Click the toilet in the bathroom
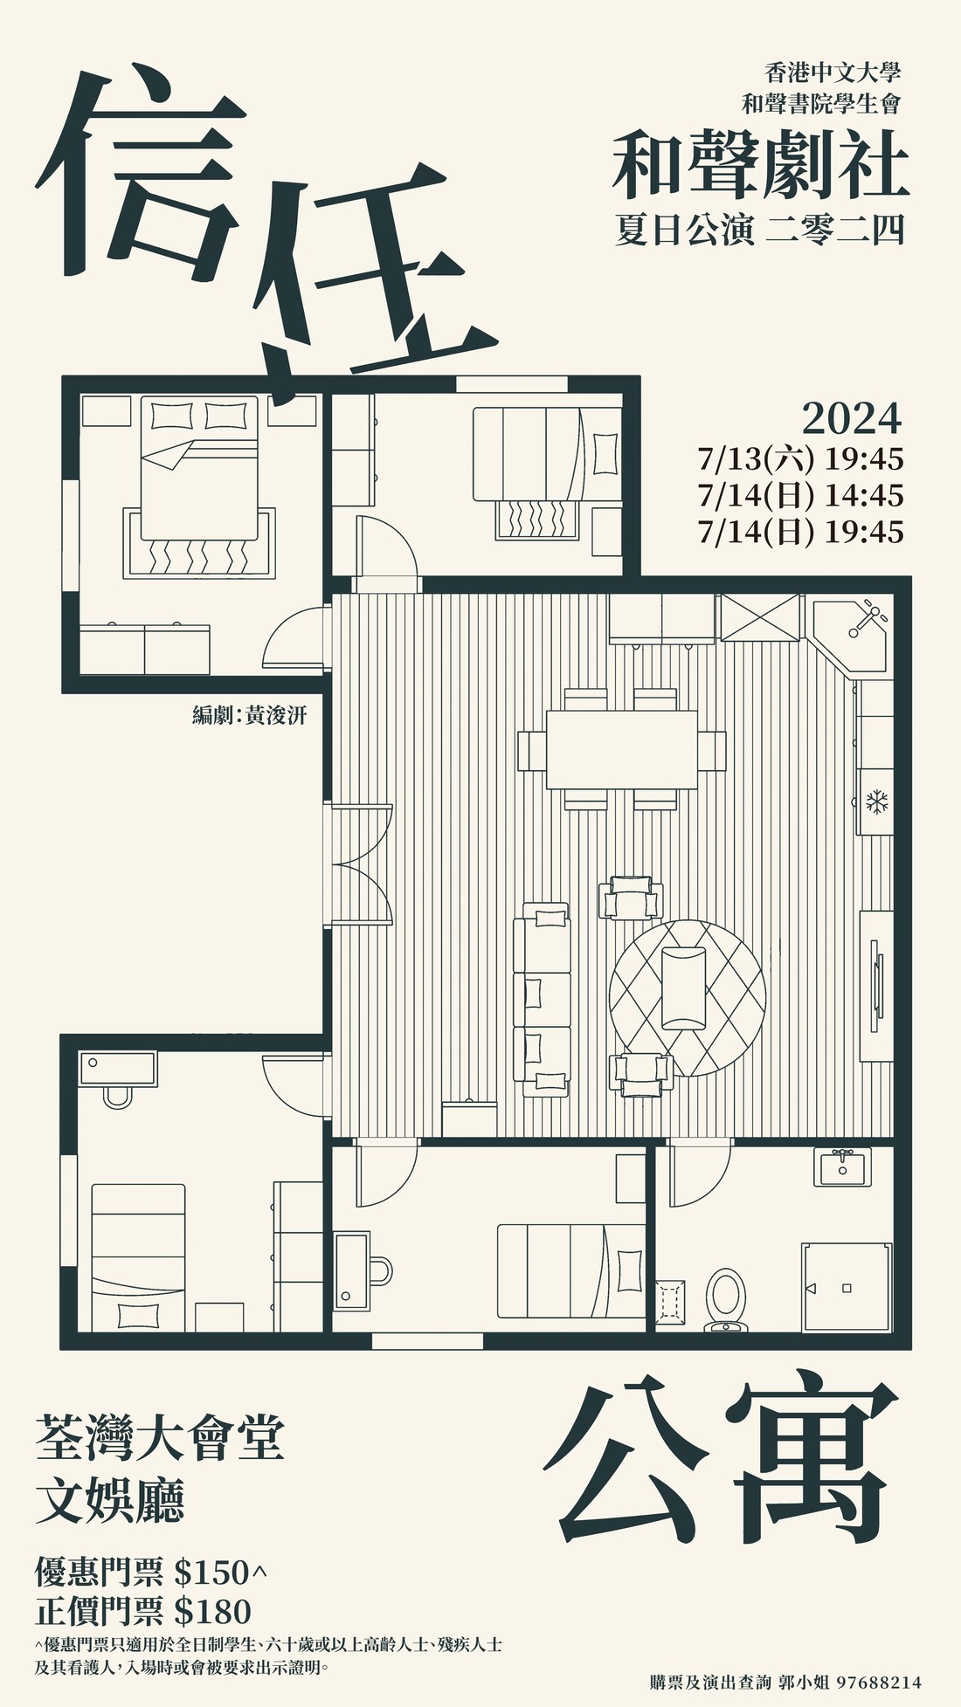point(725,1300)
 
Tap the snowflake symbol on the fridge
point(876,801)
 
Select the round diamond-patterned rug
point(688,998)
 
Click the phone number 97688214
point(878,1682)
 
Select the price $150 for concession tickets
point(212,1573)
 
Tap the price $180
point(212,1611)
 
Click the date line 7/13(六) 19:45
point(800,458)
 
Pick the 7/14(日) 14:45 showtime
point(800,495)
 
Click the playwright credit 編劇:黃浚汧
point(250,715)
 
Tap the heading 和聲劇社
point(760,166)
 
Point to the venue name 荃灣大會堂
point(160,1438)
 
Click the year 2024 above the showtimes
point(852,419)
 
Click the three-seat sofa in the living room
point(542,1000)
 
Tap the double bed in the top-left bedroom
point(199,467)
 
